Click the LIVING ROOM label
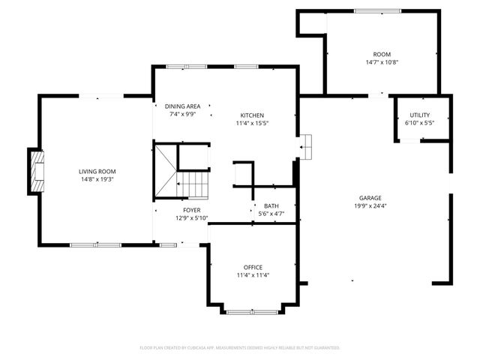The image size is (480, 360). click(97, 172)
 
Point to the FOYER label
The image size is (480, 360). click(192, 210)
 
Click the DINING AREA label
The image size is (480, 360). click(182, 106)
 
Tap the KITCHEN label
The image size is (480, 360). click(252, 115)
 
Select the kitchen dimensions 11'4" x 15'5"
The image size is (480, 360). click(252, 124)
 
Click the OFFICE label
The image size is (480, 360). click(253, 267)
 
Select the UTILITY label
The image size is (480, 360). click(419, 115)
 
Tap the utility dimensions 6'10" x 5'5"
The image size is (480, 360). click(419, 124)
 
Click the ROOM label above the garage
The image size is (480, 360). click(382, 54)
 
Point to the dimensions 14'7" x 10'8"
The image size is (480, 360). click(382, 63)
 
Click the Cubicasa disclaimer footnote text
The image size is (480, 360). click(240, 348)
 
